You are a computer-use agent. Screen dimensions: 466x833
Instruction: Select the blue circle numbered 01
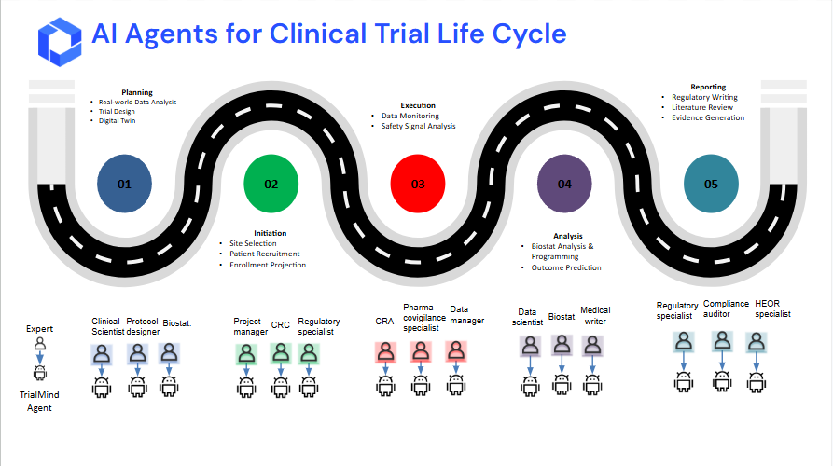[124, 183]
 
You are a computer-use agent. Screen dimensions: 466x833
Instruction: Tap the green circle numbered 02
[271, 183]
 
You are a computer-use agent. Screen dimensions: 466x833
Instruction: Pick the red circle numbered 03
[418, 183]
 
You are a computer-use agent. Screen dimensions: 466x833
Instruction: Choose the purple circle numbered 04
[564, 183]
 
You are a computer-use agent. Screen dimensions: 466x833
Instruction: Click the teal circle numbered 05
[711, 183]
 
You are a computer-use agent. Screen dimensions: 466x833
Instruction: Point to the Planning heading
[136, 92]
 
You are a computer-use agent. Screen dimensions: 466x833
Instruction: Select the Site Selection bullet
[253, 243]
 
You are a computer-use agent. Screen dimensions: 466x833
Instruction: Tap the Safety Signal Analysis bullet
[418, 126]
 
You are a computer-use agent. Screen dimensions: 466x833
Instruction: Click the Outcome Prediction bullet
[566, 267]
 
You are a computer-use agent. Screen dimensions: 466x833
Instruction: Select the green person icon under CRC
[281, 354]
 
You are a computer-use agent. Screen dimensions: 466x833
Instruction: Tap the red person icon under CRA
[384, 352]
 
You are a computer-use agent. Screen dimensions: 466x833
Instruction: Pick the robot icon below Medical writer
[593, 384]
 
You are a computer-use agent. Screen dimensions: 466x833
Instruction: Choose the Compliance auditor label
[726, 309]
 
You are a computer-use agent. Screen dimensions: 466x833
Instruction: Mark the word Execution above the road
[418, 105]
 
